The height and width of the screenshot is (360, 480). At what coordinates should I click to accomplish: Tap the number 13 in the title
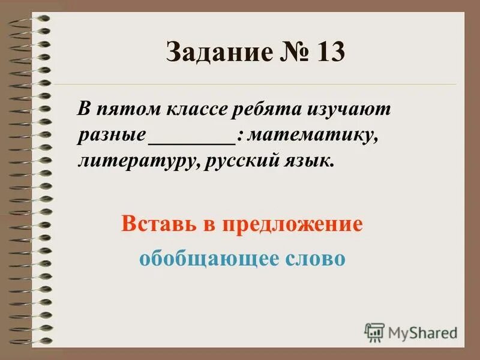tap(327, 53)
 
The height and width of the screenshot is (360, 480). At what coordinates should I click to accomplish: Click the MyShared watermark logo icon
tap(374, 332)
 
